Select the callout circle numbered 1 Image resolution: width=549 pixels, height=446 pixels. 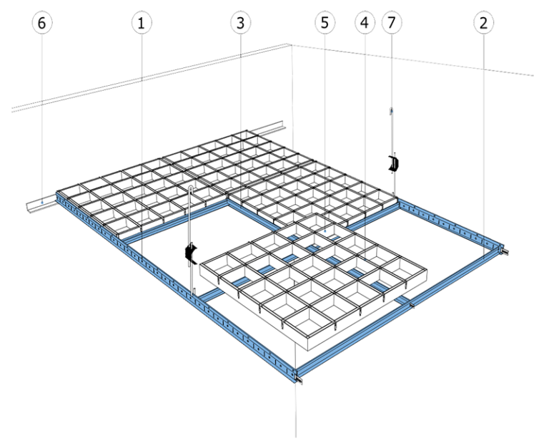(x=142, y=24)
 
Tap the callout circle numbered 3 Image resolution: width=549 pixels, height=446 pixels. (x=240, y=24)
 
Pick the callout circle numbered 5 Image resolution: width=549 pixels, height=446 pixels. (x=325, y=24)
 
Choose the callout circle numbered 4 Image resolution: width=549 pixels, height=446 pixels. (x=365, y=24)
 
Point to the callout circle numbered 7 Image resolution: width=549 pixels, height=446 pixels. (x=392, y=24)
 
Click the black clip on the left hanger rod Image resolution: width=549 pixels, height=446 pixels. (x=190, y=251)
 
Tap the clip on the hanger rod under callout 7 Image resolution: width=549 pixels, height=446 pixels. (x=392, y=163)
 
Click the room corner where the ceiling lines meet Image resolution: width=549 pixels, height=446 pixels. (x=290, y=45)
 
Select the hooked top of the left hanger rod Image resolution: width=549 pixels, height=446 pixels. (x=192, y=188)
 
